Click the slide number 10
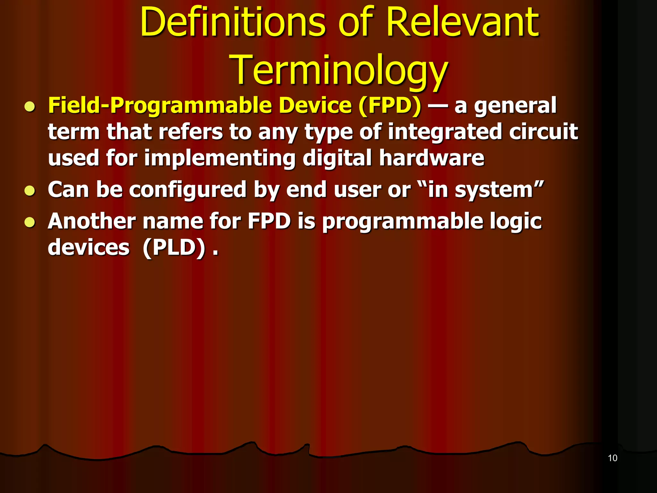pos(612,458)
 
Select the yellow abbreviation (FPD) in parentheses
pos(390,106)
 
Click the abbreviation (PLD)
pos(174,247)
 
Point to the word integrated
pos(445,132)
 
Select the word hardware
pos(431,158)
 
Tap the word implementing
pos(220,158)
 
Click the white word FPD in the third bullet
pos(269,221)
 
